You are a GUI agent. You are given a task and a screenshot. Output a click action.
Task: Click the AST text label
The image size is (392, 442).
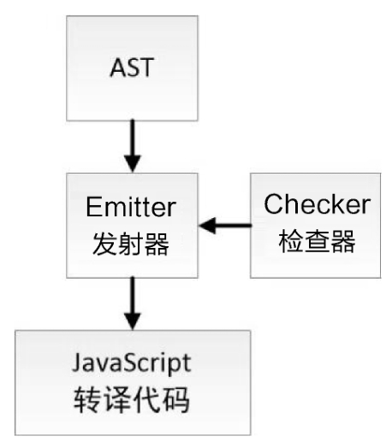pos(132,68)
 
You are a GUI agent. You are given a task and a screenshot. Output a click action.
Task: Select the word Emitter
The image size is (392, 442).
pos(131,207)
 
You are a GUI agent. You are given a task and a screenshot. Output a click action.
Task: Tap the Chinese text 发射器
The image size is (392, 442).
pos(131,244)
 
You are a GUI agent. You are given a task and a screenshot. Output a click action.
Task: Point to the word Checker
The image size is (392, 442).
pos(317,203)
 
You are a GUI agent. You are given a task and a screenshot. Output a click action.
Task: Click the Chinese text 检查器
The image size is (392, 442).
pos(317,241)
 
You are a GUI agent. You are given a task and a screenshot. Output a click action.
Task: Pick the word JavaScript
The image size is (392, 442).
pos(132,364)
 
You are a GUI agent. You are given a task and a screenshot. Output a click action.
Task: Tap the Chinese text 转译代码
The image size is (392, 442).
pos(132,399)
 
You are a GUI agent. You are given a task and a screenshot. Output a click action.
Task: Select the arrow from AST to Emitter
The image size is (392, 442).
pos(133,146)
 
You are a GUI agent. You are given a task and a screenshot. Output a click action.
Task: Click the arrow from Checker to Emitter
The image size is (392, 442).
pos(225,226)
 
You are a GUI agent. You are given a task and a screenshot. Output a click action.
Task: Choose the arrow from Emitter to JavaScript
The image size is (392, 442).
pos(133,304)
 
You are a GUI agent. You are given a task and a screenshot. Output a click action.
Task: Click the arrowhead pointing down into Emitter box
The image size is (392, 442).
pos(133,163)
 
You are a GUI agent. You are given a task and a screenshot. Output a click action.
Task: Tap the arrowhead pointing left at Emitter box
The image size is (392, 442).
pos(207,226)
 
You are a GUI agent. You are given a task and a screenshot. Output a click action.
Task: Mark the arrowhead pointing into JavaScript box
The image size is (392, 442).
pos(133,321)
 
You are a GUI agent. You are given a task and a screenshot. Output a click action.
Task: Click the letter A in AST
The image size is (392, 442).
pos(118,68)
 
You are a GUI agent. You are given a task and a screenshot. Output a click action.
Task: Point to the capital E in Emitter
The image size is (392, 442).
pos(93,207)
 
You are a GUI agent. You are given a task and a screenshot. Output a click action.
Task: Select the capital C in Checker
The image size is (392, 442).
pos(274,203)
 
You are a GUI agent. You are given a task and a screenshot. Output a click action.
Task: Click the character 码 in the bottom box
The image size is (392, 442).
pos(176,399)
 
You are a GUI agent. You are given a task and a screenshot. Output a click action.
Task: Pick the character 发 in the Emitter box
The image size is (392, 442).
pos(104,244)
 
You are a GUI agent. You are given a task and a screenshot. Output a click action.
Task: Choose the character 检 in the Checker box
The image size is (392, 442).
pos(291,241)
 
